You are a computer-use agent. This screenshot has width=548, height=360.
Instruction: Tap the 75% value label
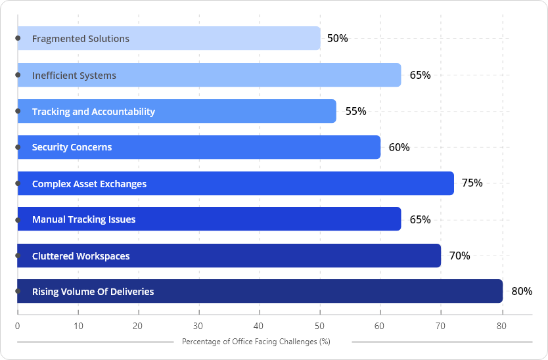coord(472,183)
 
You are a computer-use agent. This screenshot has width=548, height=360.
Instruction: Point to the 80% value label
coord(522,291)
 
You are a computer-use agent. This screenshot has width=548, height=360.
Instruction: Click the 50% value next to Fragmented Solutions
coord(337,39)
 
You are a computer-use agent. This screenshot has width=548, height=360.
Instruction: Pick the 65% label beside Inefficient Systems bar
coord(420,75)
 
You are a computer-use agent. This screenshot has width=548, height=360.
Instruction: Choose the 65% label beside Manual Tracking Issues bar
coord(420,219)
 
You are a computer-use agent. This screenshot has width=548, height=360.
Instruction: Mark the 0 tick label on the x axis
coord(17,325)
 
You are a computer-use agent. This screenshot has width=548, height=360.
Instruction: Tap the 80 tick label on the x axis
coord(502,325)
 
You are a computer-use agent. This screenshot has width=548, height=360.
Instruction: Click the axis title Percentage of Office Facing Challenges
coord(256,342)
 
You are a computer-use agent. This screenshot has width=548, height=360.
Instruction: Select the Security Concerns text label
coord(72,147)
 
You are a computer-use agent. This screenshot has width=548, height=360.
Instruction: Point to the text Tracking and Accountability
coord(93,112)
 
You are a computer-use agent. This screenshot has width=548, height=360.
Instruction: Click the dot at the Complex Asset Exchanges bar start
coord(18,183)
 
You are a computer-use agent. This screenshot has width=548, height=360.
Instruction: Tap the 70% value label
coord(459,256)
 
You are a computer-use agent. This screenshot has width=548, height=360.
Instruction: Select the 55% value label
coord(355,112)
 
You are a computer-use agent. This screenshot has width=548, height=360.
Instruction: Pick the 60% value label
coord(399,147)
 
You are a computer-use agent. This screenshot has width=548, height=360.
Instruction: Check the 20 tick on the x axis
coord(138,325)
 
